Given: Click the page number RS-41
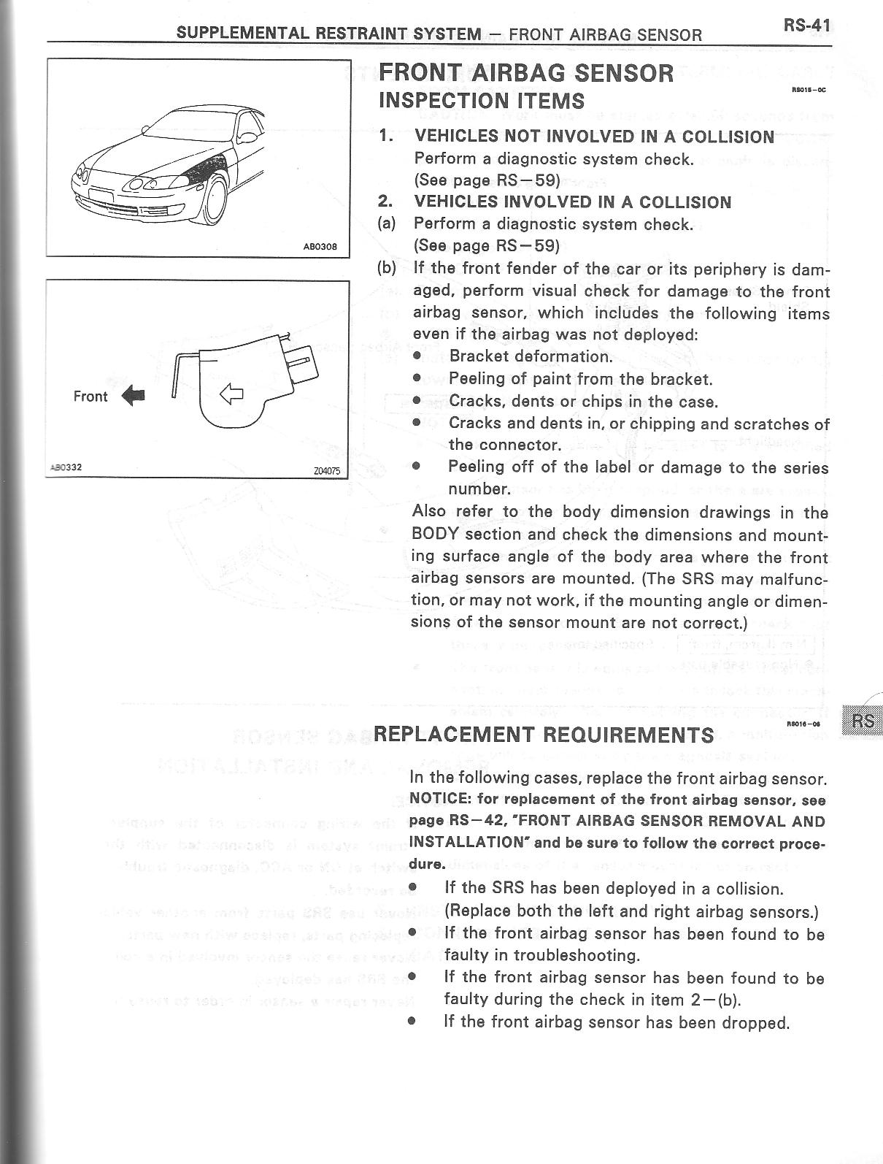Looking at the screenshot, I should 807,26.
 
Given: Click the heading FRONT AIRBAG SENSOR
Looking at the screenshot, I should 525,73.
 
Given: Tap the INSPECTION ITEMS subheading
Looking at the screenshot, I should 482,101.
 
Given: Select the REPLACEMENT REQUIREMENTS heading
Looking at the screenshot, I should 543,734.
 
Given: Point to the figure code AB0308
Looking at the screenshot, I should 320,247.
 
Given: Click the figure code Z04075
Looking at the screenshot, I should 326,471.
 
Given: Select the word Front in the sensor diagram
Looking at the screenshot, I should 90,397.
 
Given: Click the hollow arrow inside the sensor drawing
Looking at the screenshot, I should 231,395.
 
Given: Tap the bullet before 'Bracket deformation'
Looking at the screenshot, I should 417,356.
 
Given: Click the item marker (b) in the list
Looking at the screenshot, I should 387,268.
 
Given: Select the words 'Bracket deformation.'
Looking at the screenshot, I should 531,356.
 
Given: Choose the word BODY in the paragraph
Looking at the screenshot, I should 435,534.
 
